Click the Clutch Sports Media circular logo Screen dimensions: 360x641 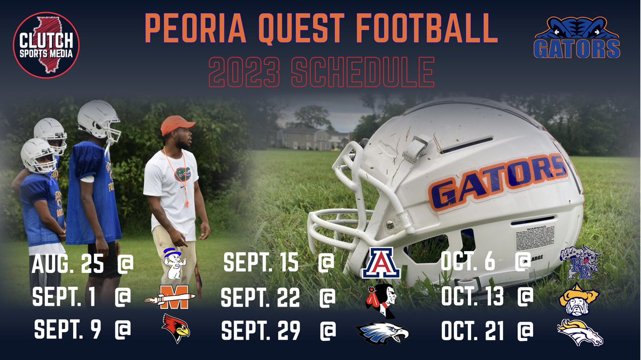coord(46,45)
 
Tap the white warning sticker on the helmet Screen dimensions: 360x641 coord(535,238)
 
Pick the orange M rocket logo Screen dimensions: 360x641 coord(170,297)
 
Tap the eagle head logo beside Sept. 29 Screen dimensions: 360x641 coord(382,332)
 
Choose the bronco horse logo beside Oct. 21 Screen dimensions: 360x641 coord(580,331)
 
